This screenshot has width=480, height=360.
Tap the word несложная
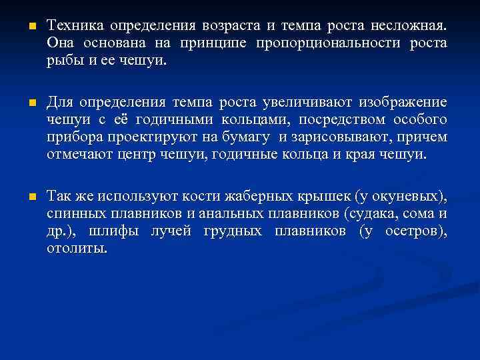pos(406,26)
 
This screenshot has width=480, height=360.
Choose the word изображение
pos(403,103)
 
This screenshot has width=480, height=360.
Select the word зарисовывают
pos(345,137)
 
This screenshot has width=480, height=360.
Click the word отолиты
pos(77,249)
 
